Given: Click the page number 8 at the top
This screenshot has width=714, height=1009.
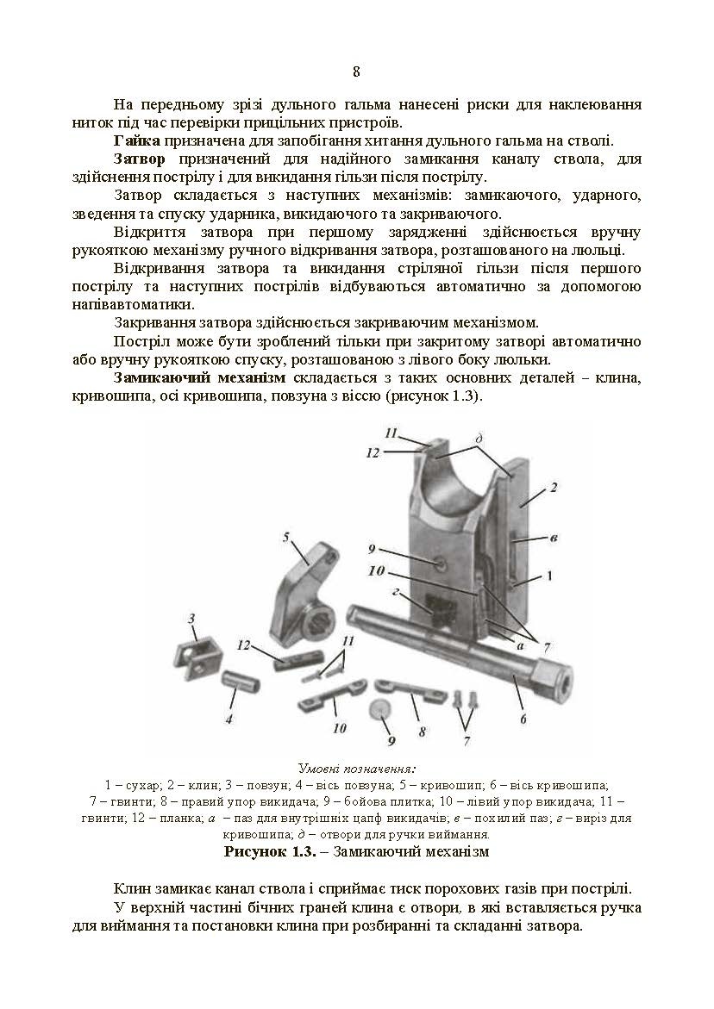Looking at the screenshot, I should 356,72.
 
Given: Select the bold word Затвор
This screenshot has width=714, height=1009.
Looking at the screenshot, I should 138,159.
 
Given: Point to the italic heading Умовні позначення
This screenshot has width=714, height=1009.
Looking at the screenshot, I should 356,768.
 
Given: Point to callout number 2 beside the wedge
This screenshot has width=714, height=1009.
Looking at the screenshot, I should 553,488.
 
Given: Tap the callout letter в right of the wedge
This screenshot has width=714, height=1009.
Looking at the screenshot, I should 553,539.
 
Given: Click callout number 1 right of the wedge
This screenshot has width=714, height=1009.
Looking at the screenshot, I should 548,573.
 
